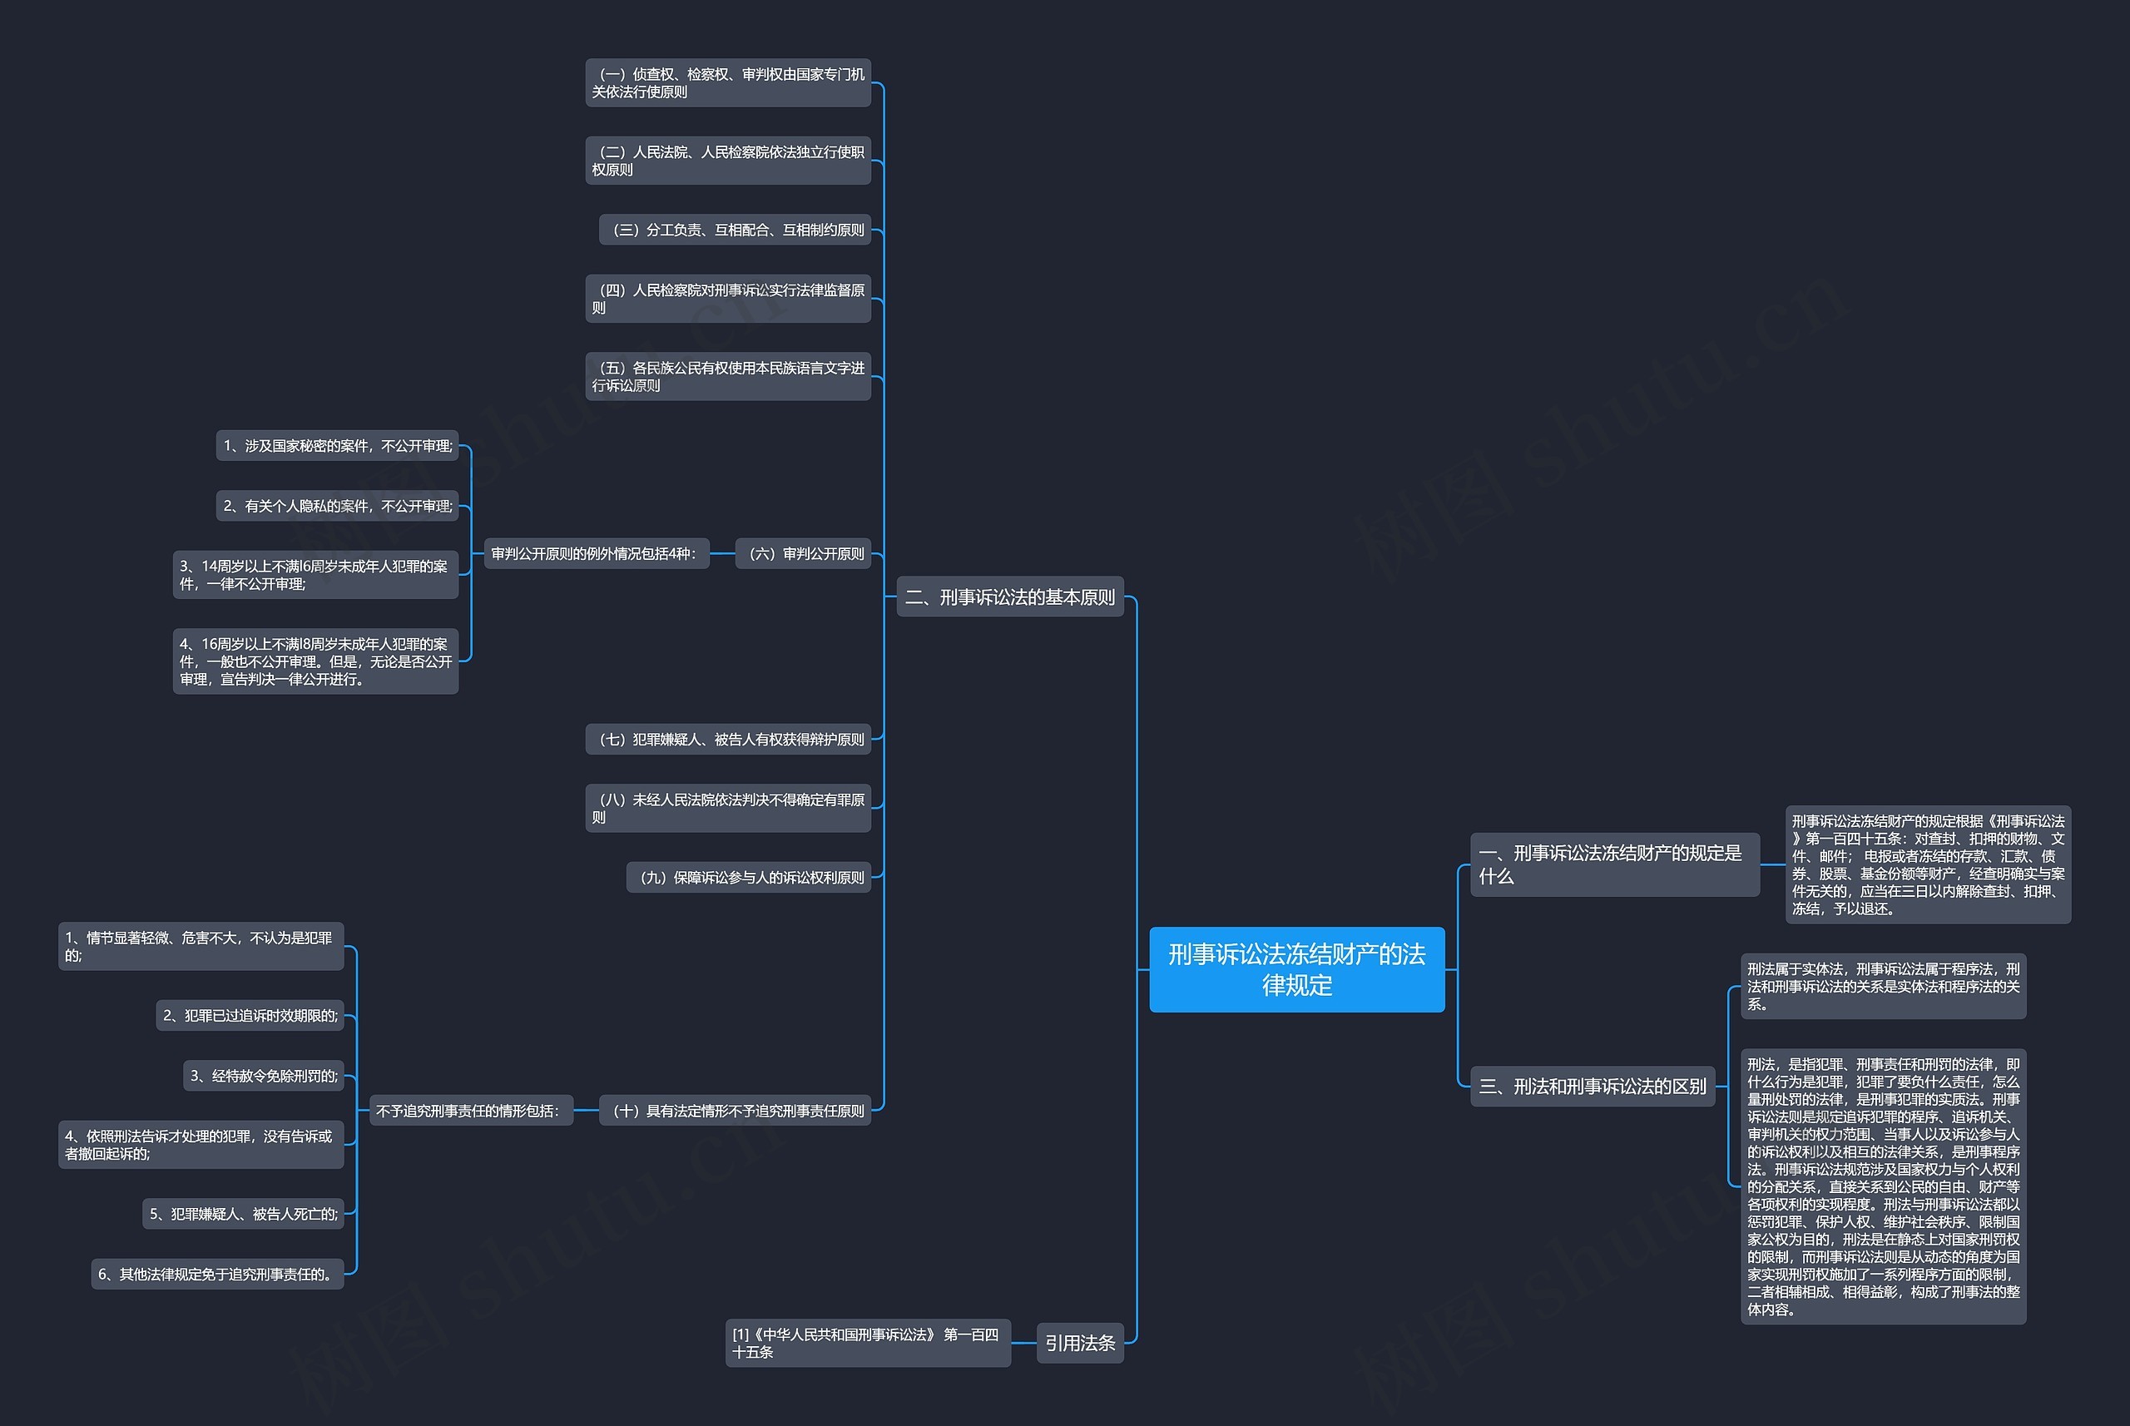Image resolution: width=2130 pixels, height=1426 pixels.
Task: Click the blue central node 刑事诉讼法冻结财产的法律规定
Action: pyautogui.click(x=1296, y=968)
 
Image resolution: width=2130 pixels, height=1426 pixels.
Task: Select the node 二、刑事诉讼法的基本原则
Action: pyautogui.click(x=1009, y=597)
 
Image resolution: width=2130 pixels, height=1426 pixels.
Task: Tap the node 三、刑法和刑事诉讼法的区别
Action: pyautogui.click(x=1592, y=1086)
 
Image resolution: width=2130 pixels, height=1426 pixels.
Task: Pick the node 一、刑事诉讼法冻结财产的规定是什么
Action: pyautogui.click(x=1614, y=864)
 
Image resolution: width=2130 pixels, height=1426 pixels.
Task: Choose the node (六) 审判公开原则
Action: pyautogui.click(x=804, y=553)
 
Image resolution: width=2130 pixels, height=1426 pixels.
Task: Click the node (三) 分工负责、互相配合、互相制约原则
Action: pyautogui.click(x=735, y=229)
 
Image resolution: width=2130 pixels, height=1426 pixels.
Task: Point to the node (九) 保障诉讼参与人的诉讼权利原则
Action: pyautogui.click(x=749, y=877)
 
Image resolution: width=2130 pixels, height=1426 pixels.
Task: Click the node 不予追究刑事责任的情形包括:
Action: pyautogui.click(x=470, y=1111)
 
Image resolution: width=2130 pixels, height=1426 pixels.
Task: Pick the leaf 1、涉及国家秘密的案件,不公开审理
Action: pyautogui.click(x=338, y=446)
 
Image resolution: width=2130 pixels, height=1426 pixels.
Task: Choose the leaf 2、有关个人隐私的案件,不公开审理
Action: pyautogui.click(x=338, y=506)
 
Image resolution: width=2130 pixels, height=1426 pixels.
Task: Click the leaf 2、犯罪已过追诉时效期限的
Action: pyautogui.click(x=250, y=1015)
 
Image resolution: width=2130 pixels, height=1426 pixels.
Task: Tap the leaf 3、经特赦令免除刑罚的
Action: pyautogui.click(x=264, y=1076)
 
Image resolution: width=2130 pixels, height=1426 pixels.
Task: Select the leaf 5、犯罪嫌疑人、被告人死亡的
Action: pyautogui.click(x=243, y=1213)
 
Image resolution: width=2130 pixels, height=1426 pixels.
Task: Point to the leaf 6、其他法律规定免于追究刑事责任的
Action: pyautogui.click(x=217, y=1273)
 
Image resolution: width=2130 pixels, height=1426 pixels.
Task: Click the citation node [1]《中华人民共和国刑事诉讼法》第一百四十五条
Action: pyautogui.click(x=868, y=1342)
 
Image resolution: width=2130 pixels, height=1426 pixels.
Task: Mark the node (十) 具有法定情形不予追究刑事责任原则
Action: pyautogui.click(x=735, y=1111)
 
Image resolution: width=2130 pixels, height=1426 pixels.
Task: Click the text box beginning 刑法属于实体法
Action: pyautogui.click(x=1883, y=986)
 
